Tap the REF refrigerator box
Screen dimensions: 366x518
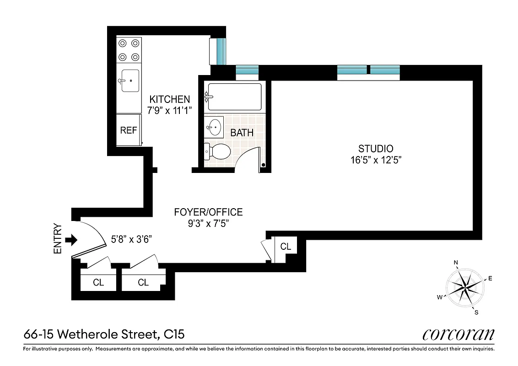tap(129, 130)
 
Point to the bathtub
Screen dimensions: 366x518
tap(234, 97)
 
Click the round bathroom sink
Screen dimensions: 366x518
tap(214, 126)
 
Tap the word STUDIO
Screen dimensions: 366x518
tap(376, 148)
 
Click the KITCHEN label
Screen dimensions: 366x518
tap(169, 99)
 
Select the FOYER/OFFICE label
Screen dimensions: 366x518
tap(208, 212)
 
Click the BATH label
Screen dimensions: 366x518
tap(242, 133)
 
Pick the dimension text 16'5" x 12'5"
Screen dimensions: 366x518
tap(376, 160)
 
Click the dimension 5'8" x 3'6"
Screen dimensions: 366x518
tap(132, 239)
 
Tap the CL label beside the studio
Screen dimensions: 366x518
tap(286, 247)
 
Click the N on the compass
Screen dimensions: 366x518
tap(456, 263)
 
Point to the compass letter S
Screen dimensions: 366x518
tap(476, 313)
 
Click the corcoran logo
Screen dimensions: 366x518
tap(458, 334)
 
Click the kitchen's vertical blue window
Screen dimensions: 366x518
tap(221, 52)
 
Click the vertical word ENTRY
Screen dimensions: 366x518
tap(58, 238)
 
